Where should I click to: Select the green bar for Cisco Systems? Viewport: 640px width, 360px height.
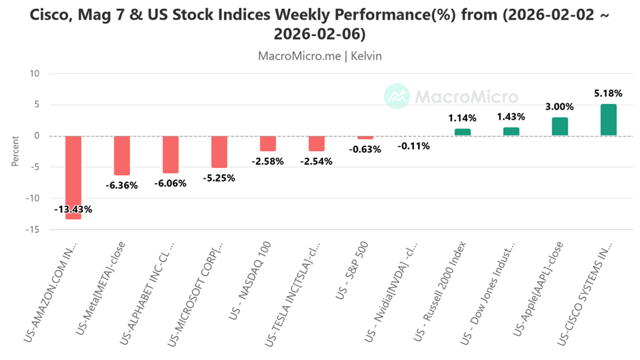tap(608, 120)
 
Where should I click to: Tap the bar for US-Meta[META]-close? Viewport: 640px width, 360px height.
tap(122, 155)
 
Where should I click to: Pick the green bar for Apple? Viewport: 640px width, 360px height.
tap(560, 127)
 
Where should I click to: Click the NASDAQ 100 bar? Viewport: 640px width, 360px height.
tap(268, 144)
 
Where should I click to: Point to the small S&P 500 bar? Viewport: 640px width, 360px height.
tap(365, 137)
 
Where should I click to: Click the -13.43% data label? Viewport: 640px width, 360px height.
tap(74, 209)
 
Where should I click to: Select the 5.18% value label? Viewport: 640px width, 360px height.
tap(608, 93)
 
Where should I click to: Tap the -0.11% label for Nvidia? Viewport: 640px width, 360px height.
tap(414, 146)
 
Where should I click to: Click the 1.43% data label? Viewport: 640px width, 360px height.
tap(511, 117)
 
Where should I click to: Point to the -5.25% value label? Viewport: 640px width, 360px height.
tap(219, 178)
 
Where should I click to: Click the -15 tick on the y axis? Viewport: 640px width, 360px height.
tap(33, 230)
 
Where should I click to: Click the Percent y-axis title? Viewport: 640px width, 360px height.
tap(15, 152)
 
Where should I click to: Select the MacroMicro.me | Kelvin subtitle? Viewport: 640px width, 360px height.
tap(320, 56)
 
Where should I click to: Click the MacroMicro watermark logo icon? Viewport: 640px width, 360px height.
tap(396, 97)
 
